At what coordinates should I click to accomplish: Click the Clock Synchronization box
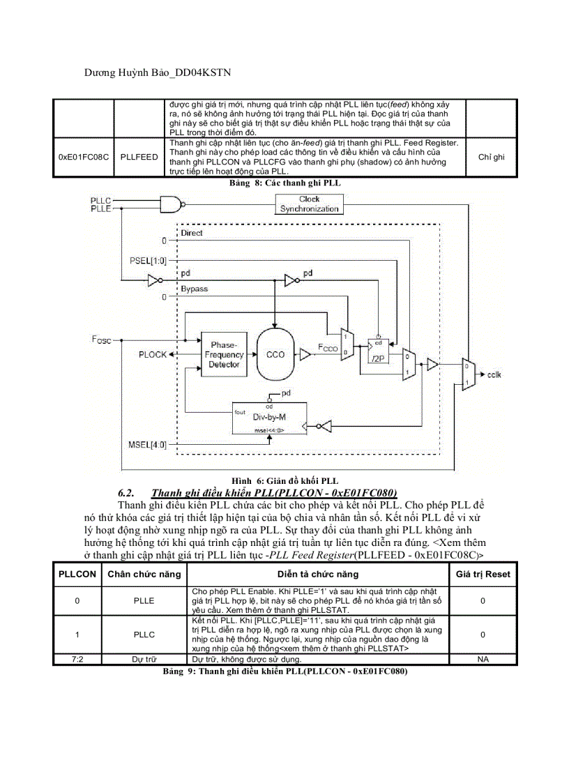309,204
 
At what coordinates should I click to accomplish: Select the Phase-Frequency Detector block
224,355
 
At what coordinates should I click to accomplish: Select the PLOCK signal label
153,355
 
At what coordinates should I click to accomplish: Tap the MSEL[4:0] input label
148,444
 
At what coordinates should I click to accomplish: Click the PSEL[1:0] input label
148,261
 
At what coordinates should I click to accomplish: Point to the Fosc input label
101,340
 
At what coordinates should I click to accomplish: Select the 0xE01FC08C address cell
84,157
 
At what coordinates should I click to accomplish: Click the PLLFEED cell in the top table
139,157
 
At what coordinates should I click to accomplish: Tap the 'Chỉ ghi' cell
491,157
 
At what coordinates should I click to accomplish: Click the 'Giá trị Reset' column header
483,574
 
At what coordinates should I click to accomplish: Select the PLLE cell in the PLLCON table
144,600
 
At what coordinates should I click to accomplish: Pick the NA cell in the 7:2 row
483,659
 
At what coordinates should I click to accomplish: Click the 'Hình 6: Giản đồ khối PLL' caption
284,481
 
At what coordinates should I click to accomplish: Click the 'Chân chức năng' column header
144,574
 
